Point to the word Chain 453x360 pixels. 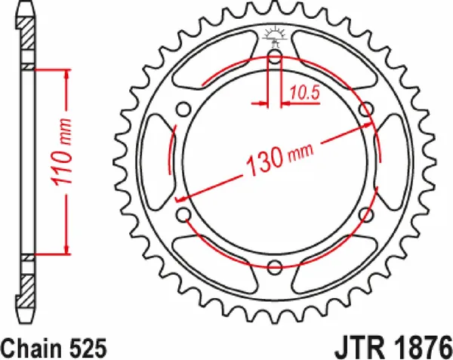(32, 346)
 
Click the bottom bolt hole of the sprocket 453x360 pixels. (275, 266)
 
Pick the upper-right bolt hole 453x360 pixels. (366, 109)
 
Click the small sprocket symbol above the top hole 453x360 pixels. (274, 34)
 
